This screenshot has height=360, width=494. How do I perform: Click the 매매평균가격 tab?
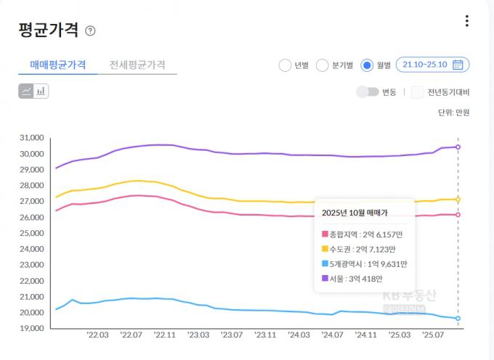coord(58,65)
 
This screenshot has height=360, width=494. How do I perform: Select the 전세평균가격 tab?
coord(137,65)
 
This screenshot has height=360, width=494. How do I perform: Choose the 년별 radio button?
coord(285,65)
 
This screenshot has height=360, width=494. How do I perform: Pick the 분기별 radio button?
coord(323,65)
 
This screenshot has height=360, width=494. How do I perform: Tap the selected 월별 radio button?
coord(367,65)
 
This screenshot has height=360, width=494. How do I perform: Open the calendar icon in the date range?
coord(458,65)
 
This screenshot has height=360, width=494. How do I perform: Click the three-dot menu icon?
coord(467,21)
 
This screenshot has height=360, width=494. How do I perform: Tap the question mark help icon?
coord(90,30)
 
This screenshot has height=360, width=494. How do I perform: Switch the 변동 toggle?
coord(368,92)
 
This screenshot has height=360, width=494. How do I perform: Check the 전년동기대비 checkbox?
coord(417,92)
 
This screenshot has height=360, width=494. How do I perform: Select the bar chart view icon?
coord(41,91)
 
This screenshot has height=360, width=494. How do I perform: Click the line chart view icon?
coord(26,91)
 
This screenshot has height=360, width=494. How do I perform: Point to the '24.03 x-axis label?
coord(299,335)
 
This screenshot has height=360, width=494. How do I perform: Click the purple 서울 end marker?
coord(458,147)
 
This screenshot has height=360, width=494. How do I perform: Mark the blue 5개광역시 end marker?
coord(458,319)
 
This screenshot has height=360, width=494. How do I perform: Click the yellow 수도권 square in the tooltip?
coord(325,249)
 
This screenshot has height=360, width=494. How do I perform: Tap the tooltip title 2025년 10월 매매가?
coord(354,213)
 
